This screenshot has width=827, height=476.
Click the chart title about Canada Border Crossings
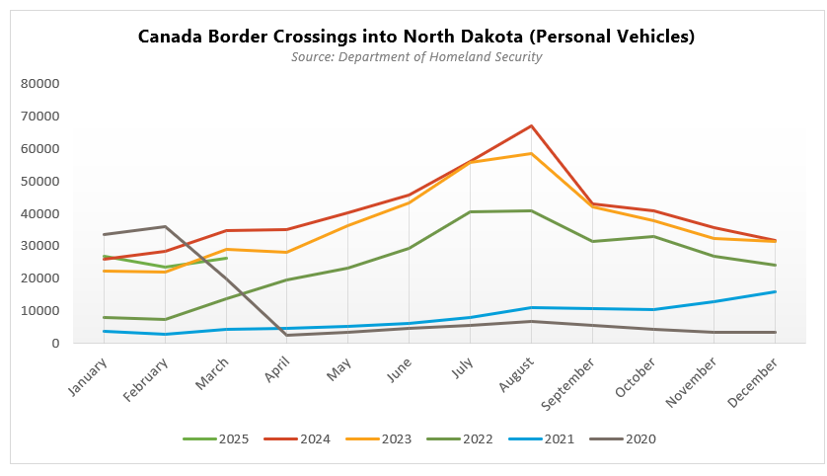(415, 37)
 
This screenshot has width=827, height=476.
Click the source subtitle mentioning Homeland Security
(415, 57)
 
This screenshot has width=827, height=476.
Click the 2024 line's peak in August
(531, 125)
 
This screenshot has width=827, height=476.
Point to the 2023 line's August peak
(531, 153)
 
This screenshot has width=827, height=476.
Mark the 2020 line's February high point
(166, 226)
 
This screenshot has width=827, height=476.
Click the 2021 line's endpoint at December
(776, 291)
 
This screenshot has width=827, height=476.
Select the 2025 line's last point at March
(227, 258)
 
